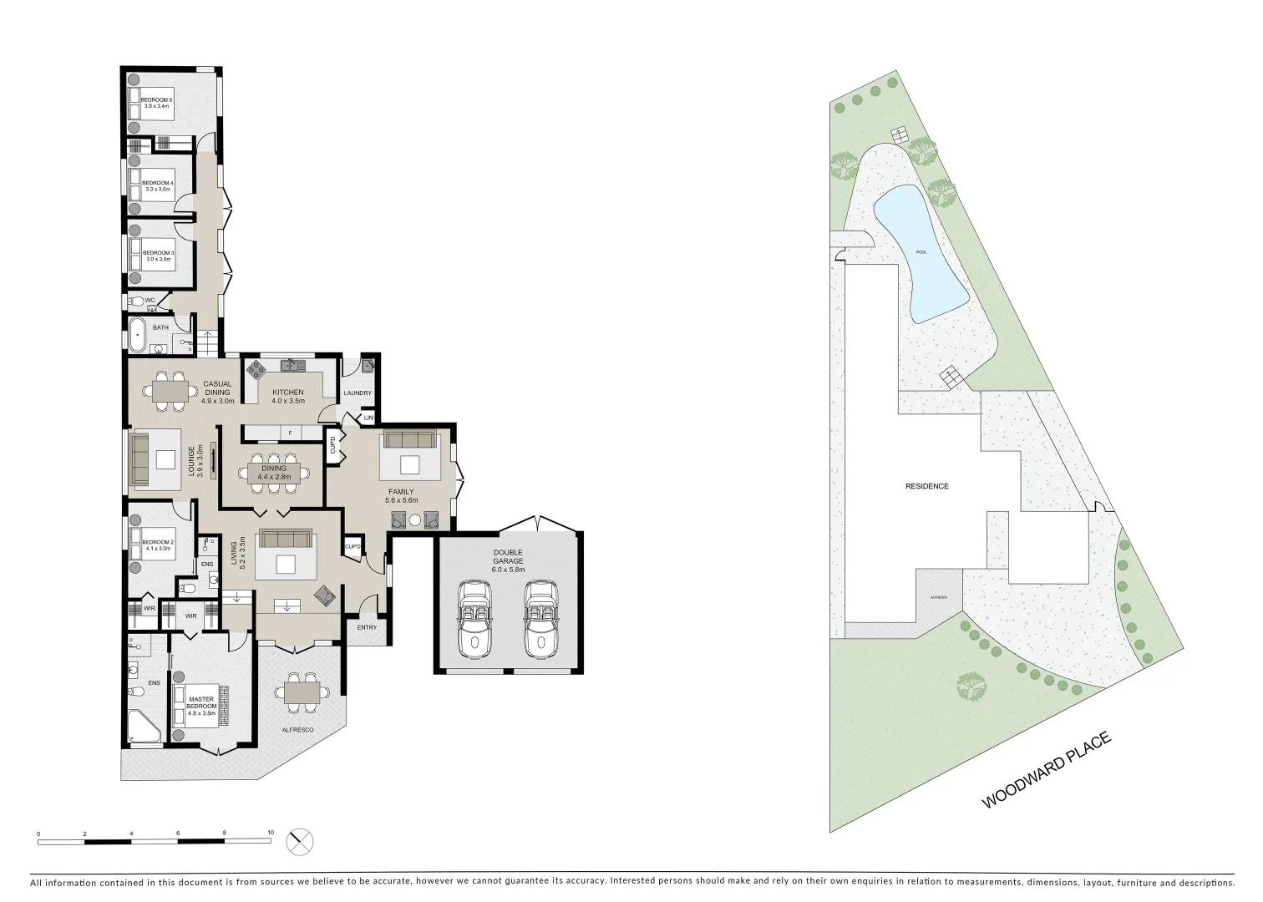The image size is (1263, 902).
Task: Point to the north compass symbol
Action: click(300, 841)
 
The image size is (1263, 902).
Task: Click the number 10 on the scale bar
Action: click(271, 833)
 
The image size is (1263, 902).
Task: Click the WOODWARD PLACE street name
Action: click(1046, 770)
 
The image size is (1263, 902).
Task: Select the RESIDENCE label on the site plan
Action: click(927, 486)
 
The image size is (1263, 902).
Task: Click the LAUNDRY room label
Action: click(358, 393)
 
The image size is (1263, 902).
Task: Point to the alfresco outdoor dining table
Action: click(302, 693)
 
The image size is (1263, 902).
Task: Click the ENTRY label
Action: click(367, 627)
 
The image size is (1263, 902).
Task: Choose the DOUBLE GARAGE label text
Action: click(508, 557)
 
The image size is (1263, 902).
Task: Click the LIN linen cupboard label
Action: click(368, 418)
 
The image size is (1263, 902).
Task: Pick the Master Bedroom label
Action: click(201, 703)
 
